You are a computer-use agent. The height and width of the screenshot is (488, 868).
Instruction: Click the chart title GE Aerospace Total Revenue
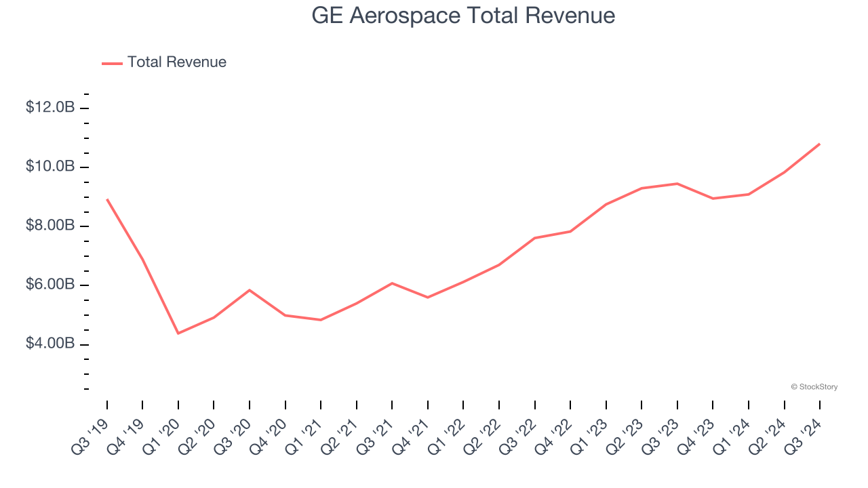[463, 16]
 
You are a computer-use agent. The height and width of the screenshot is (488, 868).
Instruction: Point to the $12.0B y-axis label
[50, 108]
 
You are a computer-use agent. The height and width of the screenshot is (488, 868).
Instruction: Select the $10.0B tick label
[50, 167]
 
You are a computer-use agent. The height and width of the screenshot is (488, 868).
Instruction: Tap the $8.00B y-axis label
[50, 226]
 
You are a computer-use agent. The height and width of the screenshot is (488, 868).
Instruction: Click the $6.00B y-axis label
[50, 285]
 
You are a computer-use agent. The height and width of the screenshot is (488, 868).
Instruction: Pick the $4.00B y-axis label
[50, 344]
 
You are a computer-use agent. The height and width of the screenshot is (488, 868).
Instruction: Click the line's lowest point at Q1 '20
[178, 333]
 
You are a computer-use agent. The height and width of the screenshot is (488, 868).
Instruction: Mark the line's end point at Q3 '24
[820, 144]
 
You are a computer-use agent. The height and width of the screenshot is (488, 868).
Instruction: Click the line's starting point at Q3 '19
[107, 199]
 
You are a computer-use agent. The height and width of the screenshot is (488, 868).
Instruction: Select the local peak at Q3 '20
[250, 290]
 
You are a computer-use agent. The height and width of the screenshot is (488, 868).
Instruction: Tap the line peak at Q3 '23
[677, 184]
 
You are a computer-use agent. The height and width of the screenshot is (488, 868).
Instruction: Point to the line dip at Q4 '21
[428, 298]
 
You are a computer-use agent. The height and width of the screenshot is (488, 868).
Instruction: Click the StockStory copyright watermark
[814, 387]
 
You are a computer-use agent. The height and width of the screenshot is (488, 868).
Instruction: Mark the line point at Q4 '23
[713, 199]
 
